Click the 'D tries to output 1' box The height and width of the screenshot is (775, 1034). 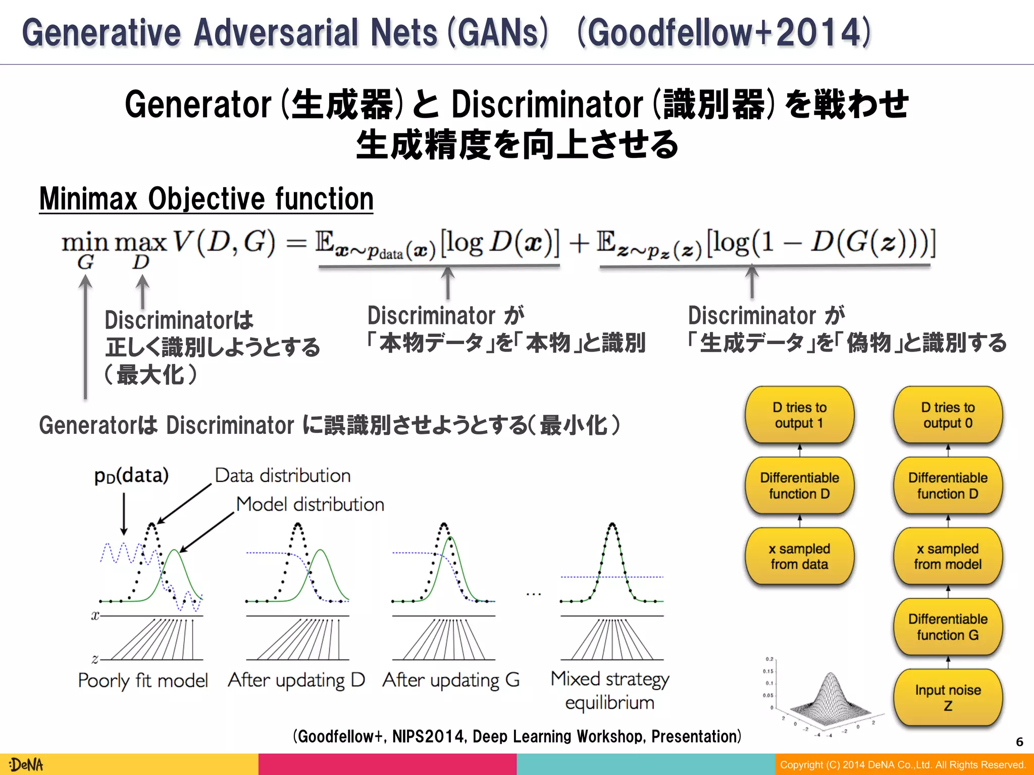coord(799,415)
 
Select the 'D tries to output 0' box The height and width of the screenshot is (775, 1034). coord(948,415)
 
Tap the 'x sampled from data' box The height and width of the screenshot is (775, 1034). coord(799,556)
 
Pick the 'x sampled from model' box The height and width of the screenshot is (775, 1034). coord(948,556)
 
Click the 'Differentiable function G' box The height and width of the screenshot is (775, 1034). coord(948,627)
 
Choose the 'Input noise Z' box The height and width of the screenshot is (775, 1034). coord(948,697)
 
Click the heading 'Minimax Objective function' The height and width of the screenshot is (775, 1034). coord(206,199)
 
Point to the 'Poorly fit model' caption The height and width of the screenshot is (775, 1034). coord(143,681)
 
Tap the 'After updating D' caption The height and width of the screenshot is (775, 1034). coord(296,680)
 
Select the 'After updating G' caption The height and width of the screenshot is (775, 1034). coord(451,680)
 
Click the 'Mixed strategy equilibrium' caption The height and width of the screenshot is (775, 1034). coord(610,690)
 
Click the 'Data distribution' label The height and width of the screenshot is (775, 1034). coord(283,475)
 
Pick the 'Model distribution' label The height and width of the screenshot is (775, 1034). coord(310,504)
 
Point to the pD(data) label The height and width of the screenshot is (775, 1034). coord(131,476)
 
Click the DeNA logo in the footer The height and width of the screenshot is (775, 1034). coord(26,764)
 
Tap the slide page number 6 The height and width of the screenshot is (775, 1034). coord(1019,742)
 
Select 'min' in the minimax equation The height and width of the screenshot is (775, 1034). coord(85,243)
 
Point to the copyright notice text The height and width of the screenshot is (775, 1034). coord(903,764)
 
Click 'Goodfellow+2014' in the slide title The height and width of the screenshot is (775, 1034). coord(725,33)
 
